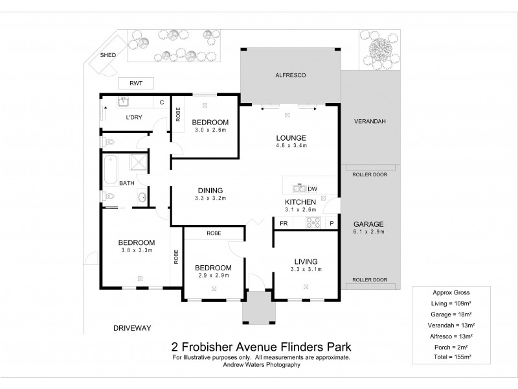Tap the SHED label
click(x=107, y=55)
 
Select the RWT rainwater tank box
click(x=135, y=83)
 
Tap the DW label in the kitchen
click(x=312, y=189)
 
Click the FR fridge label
click(x=283, y=223)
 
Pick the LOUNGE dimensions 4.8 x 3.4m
click(x=290, y=146)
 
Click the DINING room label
click(x=211, y=190)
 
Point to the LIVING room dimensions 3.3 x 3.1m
click(x=305, y=269)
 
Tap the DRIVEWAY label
click(x=132, y=328)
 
